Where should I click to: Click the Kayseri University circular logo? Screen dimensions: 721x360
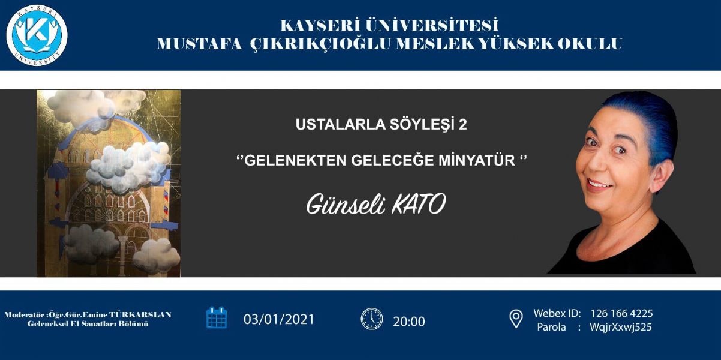(37, 35)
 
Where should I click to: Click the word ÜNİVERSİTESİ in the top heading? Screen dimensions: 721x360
(432, 25)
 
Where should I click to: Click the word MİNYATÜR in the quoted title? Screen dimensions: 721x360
(477, 160)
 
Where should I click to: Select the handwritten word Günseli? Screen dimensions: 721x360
(346, 204)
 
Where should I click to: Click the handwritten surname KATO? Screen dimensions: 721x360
(419, 204)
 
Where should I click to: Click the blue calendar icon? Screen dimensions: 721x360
(217, 317)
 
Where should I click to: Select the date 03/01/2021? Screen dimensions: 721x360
(279, 319)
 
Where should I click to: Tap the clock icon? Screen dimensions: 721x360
(372, 319)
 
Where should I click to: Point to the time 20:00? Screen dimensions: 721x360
(408, 322)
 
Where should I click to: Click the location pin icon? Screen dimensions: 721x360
(516, 319)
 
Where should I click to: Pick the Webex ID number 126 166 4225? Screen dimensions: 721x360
(621, 313)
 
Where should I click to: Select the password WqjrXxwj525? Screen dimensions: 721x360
(621, 327)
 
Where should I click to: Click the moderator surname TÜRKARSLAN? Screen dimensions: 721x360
(140, 314)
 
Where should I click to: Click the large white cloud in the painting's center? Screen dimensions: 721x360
(129, 167)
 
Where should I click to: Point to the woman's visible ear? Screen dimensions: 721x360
(663, 175)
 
